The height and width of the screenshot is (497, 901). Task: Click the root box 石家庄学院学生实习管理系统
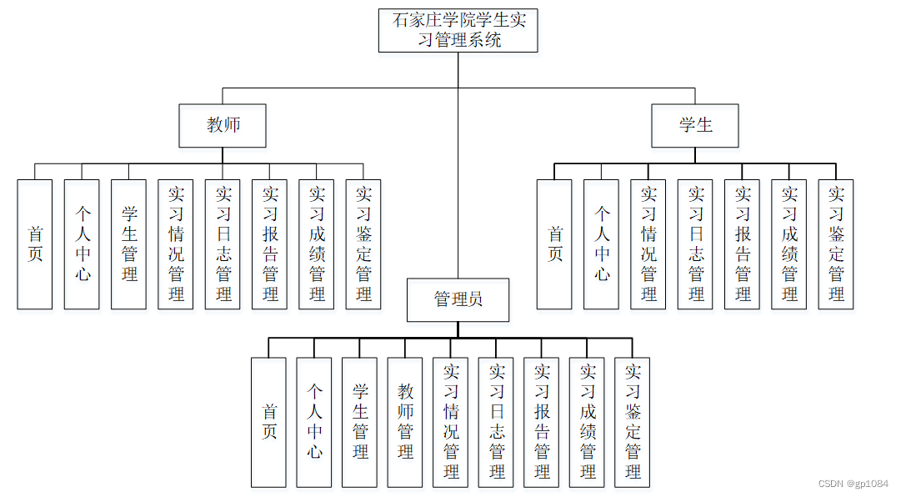458,31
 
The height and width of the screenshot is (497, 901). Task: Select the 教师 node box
223,126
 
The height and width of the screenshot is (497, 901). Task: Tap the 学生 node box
695,126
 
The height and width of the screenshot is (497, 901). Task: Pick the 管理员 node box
458,300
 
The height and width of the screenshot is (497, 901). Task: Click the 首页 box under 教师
35,244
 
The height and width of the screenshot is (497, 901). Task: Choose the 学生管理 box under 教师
129,244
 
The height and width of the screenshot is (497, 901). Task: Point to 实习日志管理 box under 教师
223,244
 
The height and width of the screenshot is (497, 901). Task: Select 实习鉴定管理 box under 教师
363,244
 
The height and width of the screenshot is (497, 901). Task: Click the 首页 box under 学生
554,244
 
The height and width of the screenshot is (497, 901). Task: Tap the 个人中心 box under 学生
602,244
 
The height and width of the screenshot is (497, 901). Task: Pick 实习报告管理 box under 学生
742,244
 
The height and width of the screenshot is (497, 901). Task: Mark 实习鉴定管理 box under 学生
836,244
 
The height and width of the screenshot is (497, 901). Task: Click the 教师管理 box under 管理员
405,422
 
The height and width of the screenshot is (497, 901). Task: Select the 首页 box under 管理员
268,422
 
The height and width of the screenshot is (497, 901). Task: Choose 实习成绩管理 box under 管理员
588,422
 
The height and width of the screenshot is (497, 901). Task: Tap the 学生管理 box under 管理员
359,422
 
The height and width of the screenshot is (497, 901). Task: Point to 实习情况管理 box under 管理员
451,422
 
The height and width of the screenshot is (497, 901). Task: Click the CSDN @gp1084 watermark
853,484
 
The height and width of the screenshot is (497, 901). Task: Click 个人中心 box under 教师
82,244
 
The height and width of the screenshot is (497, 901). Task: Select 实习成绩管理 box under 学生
789,244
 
